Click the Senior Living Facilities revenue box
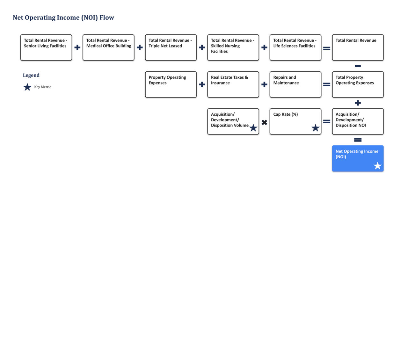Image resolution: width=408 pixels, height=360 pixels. (x=46, y=47)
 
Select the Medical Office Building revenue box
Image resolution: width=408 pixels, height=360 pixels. (x=108, y=47)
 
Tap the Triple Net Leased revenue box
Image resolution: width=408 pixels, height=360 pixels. (x=171, y=47)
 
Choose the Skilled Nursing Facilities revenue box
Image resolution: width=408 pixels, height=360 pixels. (x=233, y=47)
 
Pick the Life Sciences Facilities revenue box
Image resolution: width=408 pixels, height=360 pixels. (x=295, y=47)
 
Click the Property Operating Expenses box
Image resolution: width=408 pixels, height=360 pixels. (x=171, y=84)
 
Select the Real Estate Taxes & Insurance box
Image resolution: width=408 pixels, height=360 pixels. (x=233, y=84)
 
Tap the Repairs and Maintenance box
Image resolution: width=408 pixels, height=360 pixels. (x=295, y=84)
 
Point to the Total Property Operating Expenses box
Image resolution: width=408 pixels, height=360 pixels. (x=358, y=84)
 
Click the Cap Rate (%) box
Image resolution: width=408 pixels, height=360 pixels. (x=295, y=121)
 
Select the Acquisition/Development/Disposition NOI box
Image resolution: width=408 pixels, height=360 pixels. (x=358, y=121)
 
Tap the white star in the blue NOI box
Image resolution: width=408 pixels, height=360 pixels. (x=377, y=166)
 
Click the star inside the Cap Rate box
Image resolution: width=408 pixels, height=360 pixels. (x=315, y=128)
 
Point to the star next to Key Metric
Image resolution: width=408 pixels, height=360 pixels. (x=27, y=87)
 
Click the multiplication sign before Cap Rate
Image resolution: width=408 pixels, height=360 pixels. (x=264, y=122)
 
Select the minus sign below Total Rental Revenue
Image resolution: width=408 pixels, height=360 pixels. (x=358, y=66)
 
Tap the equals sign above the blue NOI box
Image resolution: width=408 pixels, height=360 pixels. (x=358, y=140)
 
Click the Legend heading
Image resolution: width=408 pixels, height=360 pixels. (x=31, y=75)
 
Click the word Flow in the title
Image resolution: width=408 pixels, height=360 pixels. (x=106, y=18)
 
